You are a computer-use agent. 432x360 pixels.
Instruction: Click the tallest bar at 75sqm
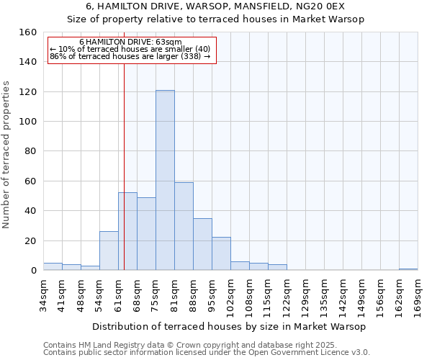tap(165, 180)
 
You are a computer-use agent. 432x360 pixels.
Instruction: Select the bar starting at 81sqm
tap(184, 226)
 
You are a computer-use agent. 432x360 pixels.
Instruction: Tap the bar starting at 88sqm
tap(202, 244)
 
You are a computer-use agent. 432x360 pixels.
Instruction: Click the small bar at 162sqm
tap(408, 269)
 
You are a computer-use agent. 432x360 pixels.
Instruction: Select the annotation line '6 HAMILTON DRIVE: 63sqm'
tap(130, 42)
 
